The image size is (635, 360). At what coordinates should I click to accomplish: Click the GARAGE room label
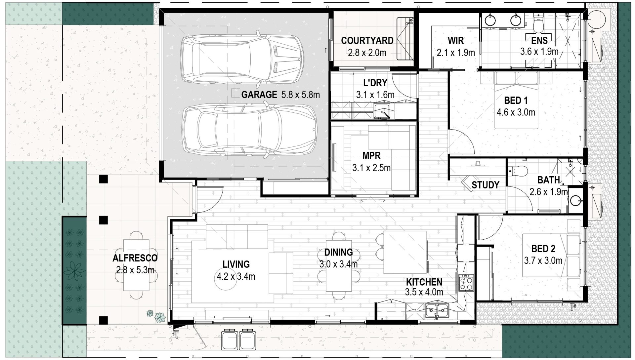coord(259,95)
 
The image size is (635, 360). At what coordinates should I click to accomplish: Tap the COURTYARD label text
coord(367,41)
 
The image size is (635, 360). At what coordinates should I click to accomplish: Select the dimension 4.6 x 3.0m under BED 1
coord(516,112)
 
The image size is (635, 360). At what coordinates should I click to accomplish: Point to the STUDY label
coord(485,185)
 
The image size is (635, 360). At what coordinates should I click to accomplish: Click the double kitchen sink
coord(437,311)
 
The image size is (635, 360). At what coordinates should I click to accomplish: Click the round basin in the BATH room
coord(576,200)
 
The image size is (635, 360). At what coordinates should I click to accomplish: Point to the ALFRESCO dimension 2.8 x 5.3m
coord(135,270)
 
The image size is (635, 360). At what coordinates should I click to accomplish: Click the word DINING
coord(338,253)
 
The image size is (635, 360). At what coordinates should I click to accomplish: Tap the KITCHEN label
coord(424,282)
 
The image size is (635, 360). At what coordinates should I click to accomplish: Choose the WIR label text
coord(456,41)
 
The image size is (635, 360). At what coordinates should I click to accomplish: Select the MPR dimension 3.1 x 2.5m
coord(371,168)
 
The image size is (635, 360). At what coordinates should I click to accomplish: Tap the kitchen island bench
coord(405,252)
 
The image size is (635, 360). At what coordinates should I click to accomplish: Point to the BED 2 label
coord(543,248)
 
